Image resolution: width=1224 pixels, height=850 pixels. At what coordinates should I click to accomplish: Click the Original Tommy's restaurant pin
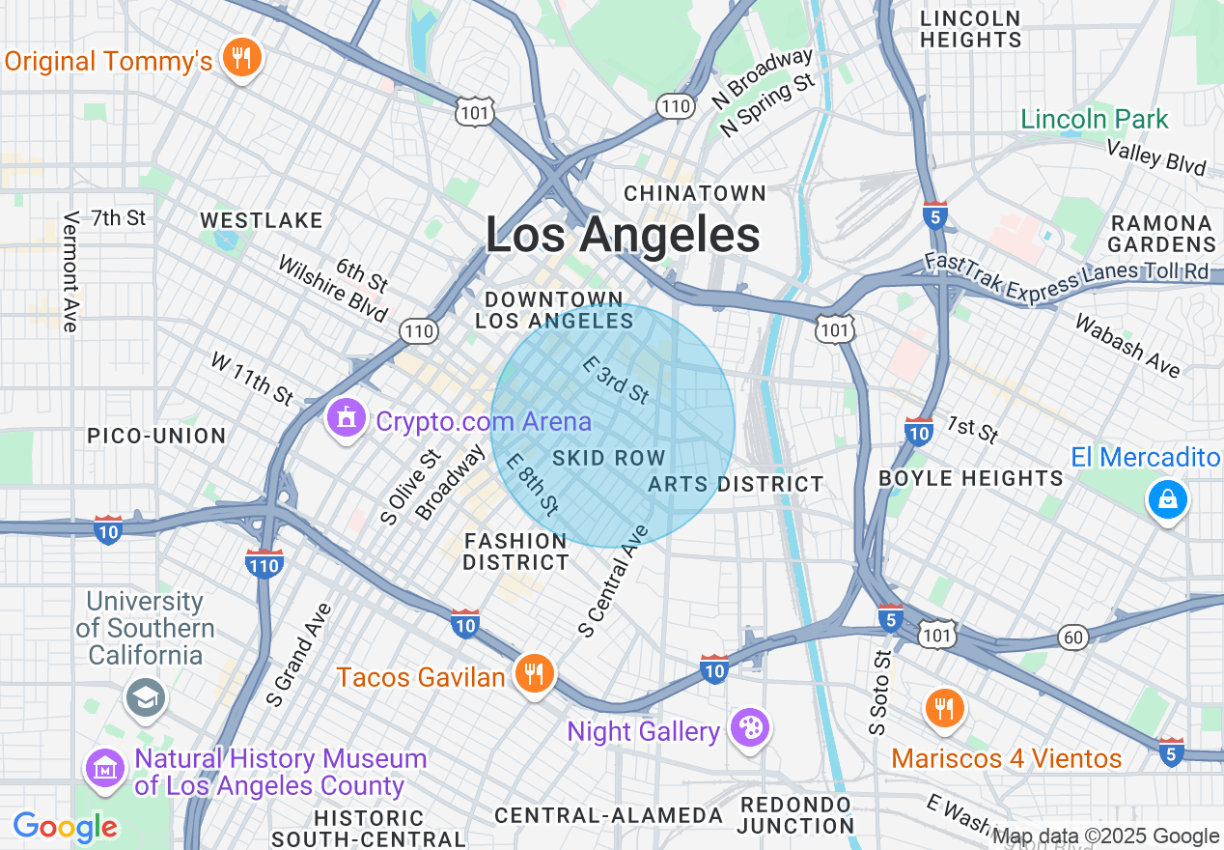coord(241,58)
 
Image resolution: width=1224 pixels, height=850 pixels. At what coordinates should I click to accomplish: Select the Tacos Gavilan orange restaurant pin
coord(532,672)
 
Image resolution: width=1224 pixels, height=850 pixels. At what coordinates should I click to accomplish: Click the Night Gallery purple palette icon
coord(749,728)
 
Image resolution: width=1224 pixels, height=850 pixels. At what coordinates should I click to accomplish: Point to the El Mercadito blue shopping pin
coord(1167,498)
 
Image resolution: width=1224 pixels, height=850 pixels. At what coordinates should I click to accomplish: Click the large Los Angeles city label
coord(623,235)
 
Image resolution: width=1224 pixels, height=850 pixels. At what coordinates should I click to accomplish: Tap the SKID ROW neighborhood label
coord(609,458)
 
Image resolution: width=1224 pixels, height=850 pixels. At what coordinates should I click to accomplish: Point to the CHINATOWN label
coord(695,193)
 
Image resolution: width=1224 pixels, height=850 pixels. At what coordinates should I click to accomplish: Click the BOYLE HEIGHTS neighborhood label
coord(971,478)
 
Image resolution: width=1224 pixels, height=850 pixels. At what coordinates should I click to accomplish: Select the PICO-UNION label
coord(156,436)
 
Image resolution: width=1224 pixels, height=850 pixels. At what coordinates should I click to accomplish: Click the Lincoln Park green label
coord(1095,120)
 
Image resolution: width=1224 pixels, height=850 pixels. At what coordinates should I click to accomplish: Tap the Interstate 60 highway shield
coord(1072,637)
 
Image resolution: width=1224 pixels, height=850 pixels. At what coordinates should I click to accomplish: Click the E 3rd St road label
coord(616,379)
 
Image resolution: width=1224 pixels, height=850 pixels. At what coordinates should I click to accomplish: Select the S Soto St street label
coord(878,693)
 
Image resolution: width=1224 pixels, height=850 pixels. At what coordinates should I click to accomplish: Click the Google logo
coord(65,827)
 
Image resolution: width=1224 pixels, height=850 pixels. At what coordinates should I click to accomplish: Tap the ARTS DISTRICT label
coord(736,484)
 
